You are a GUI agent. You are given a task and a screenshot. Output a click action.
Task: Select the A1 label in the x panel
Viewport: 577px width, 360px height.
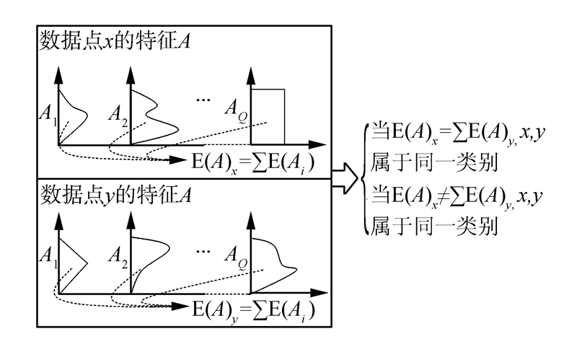coord(48,113)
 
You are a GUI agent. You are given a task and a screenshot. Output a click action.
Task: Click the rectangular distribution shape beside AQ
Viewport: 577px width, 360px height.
coord(268,115)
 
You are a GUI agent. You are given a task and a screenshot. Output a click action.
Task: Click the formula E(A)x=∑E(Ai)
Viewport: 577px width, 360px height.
coord(252,160)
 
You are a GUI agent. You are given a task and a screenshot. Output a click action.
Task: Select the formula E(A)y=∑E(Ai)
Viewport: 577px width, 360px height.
coord(252,311)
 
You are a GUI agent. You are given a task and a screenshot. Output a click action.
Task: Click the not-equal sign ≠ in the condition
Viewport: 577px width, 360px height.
coord(435,196)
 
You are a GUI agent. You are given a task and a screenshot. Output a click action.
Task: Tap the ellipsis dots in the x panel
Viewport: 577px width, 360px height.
coord(204,99)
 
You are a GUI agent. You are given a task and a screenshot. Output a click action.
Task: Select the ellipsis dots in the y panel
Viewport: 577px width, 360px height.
coord(204,249)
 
